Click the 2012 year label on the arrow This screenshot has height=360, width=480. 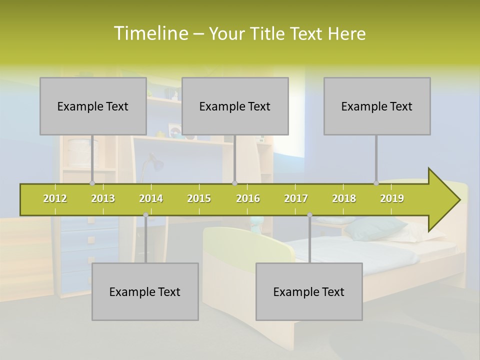click(55, 198)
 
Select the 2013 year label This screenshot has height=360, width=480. click(103, 198)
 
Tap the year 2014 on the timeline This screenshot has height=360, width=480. click(151, 198)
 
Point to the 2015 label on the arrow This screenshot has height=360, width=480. click(199, 198)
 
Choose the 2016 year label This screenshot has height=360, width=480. click(248, 198)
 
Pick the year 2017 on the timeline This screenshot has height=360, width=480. click(296, 198)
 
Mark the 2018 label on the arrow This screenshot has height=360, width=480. click(344, 198)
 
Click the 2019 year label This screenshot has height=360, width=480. click(392, 198)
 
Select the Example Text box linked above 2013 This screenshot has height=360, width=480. click(93, 106)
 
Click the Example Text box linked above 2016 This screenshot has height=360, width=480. click(235, 106)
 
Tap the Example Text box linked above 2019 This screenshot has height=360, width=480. click(377, 106)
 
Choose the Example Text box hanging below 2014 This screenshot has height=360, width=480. click(145, 291)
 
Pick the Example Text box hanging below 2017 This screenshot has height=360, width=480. click(309, 291)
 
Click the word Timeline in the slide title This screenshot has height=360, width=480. click(150, 33)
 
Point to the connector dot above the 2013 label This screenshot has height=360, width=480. click(92, 183)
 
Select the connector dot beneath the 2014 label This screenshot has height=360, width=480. click(145, 215)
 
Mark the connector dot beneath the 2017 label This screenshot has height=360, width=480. click(309, 215)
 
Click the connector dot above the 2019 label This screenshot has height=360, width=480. click(376, 183)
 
